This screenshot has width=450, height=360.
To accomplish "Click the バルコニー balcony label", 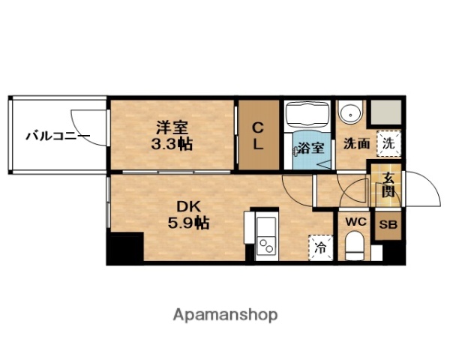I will (56, 136).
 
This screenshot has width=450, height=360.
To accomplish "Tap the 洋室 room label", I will (170, 127).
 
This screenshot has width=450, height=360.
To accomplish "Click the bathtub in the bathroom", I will (307, 115).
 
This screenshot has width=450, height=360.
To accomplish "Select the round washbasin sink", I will (349, 114).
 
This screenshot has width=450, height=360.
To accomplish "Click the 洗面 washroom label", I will (356, 143).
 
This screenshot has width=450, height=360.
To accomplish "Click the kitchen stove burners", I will (265, 245).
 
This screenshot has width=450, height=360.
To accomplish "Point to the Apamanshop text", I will (226, 315).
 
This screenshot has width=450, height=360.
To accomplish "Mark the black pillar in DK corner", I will (124, 249).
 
